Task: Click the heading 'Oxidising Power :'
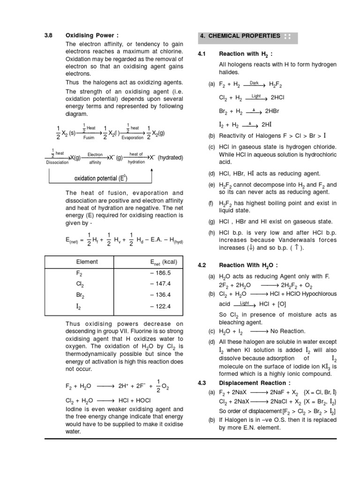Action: (x=89, y=35)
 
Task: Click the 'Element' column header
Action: (x=87, y=262)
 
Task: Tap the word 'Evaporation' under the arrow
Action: (x=132, y=138)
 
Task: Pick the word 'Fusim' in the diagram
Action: (x=89, y=138)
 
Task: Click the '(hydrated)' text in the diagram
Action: (x=170, y=157)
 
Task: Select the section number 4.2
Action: (x=202, y=265)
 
